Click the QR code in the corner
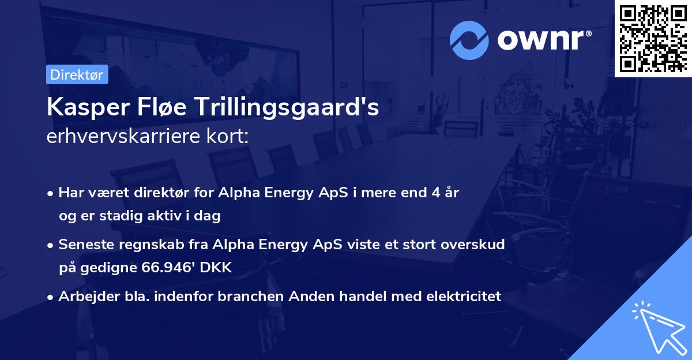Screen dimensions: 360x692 tap(653, 38)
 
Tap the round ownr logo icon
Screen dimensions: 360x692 tap(469, 40)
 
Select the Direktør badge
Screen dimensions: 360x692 tap(77, 74)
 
